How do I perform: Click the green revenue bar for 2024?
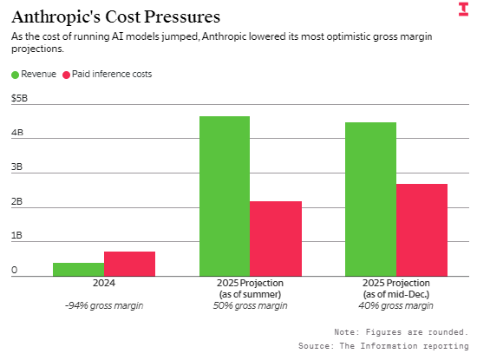pyautogui.click(x=78, y=269)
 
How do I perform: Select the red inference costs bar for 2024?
pyautogui.click(x=129, y=264)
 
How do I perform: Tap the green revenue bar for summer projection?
pyautogui.click(x=225, y=196)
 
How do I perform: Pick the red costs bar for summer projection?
pyautogui.click(x=276, y=239)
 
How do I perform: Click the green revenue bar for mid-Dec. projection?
pyautogui.click(x=370, y=200)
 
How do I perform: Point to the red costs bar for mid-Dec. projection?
pyautogui.click(x=421, y=230)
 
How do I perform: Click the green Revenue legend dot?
pyautogui.click(x=16, y=75)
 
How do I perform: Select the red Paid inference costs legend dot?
pyautogui.click(x=66, y=75)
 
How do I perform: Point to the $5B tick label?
pyautogui.click(x=19, y=98)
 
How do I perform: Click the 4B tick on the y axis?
pyautogui.click(x=17, y=133)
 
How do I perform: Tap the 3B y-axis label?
pyautogui.click(x=16, y=167)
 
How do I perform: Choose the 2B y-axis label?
pyautogui.click(x=16, y=201)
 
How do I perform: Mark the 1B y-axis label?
pyautogui.click(x=16, y=235)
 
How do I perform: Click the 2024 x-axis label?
pyautogui.click(x=104, y=283)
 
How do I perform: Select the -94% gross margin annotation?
pyautogui.click(x=104, y=305)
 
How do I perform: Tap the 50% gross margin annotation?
pyautogui.click(x=250, y=305)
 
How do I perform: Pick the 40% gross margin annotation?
pyautogui.click(x=395, y=305)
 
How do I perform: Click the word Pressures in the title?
pyautogui.click(x=182, y=16)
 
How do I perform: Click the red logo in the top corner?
pyautogui.click(x=464, y=10)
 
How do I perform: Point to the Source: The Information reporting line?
pyautogui.click(x=383, y=346)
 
